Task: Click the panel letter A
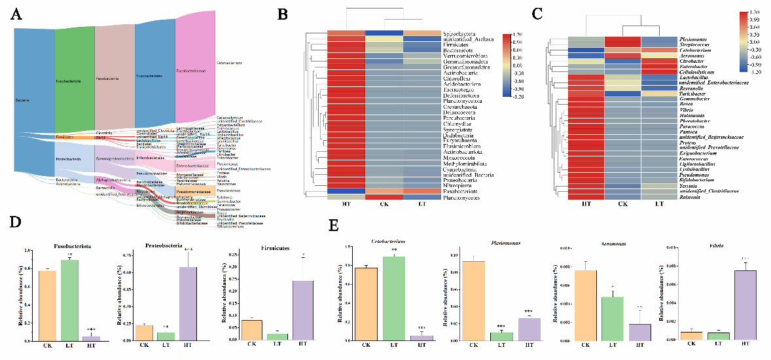[20, 15]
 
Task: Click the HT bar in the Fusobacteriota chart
[91, 338]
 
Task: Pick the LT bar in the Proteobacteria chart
[166, 336]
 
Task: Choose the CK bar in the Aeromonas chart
[586, 306]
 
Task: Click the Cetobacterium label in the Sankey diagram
[230, 63]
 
